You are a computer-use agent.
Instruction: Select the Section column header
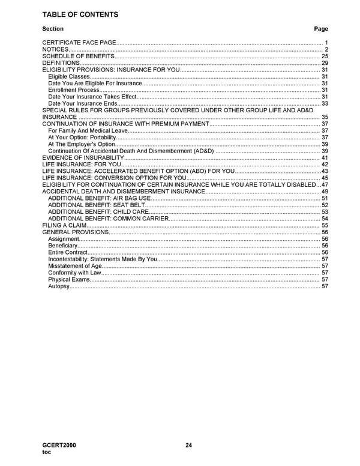(53, 29)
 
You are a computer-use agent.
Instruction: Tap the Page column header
(321, 29)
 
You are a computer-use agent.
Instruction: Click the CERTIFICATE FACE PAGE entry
(79, 43)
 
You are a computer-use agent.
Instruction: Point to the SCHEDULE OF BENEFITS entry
(78, 56)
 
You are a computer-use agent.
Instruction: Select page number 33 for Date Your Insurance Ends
(325, 104)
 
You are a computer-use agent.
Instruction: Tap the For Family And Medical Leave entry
(88, 130)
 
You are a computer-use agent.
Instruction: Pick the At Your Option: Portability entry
(82, 138)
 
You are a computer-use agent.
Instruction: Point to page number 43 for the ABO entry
(325, 171)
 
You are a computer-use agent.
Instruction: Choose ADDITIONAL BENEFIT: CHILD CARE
(98, 211)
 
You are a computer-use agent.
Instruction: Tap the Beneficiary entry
(63, 246)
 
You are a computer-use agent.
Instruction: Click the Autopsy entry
(59, 286)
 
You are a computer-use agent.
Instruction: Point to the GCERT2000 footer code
(59, 445)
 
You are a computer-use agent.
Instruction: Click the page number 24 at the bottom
(188, 445)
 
